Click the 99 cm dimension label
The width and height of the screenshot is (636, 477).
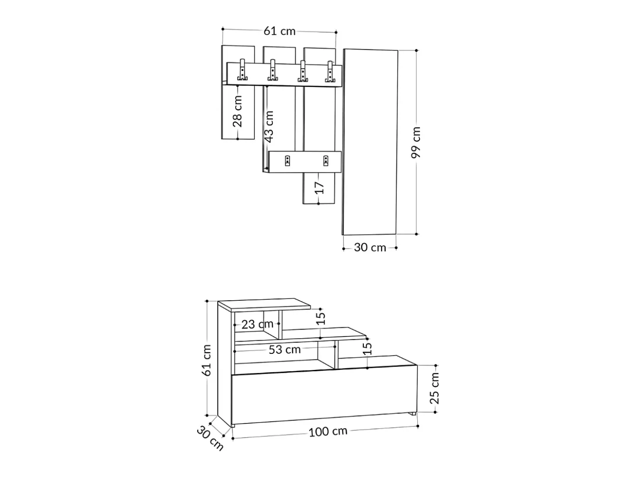point(416,142)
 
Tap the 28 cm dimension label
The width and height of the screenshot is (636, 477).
point(237,111)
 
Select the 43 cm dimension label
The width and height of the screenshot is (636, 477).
point(269,127)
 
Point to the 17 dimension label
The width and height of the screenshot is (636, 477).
point(319,188)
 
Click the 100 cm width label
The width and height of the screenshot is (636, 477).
point(328,432)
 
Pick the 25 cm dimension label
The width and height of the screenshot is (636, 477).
point(434,388)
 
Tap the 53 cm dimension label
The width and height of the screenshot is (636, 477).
point(284,349)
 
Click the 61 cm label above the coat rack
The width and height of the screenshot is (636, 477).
point(279,31)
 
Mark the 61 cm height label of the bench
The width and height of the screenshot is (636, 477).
point(206,360)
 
